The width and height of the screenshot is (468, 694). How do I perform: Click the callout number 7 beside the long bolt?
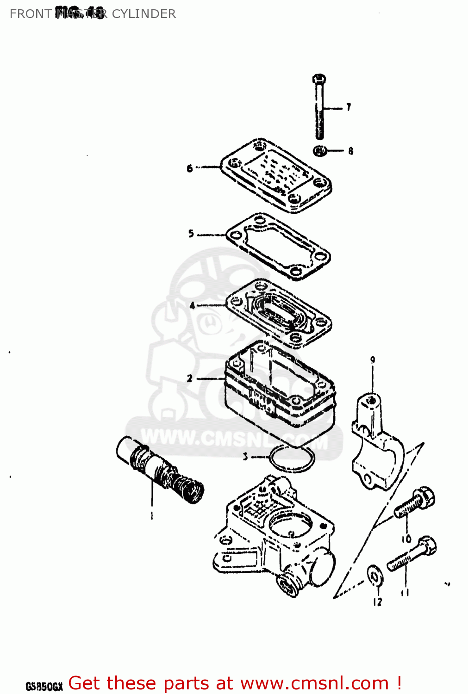[x=349, y=107]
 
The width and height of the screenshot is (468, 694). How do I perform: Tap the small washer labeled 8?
[x=319, y=151]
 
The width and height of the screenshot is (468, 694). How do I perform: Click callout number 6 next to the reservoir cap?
[x=190, y=168]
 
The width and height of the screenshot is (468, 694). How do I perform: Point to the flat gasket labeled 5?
[x=278, y=247]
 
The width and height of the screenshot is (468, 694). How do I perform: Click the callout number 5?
[x=191, y=234]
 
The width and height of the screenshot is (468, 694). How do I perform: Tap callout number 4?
[x=193, y=305]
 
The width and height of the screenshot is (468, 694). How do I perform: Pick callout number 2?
[x=190, y=378]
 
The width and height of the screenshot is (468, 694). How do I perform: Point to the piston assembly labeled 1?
[x=160, y=469]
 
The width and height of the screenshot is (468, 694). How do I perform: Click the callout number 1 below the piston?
[x=152, y=515]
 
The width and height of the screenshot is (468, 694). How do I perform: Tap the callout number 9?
[x=372, y=360]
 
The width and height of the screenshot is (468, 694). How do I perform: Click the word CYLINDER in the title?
[x=144, y=14]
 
